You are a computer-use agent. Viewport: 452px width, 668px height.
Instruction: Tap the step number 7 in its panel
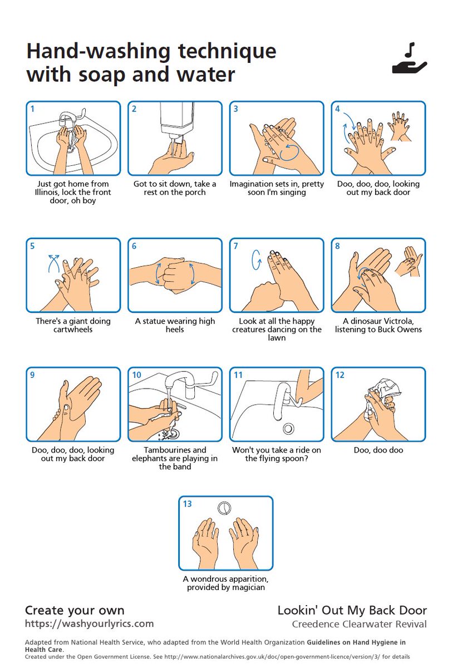coord(235,245)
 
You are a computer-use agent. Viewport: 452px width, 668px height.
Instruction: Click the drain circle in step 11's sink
coord(288,429)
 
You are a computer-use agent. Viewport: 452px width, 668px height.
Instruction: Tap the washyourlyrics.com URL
coord(89,623)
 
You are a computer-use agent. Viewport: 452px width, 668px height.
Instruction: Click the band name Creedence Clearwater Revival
coord(359,624)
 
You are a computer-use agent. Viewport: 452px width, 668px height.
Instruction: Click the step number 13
coord(187,504)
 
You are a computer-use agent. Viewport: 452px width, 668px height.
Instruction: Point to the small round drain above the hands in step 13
coord(225,507)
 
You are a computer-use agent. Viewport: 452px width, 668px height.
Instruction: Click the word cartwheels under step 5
coord(73,330)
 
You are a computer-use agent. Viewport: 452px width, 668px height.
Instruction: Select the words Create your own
coord(75,610)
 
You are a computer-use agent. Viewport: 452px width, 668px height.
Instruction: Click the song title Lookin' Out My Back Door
coord(352,610)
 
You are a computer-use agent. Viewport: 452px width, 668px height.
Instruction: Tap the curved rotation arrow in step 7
coord(257,259)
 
